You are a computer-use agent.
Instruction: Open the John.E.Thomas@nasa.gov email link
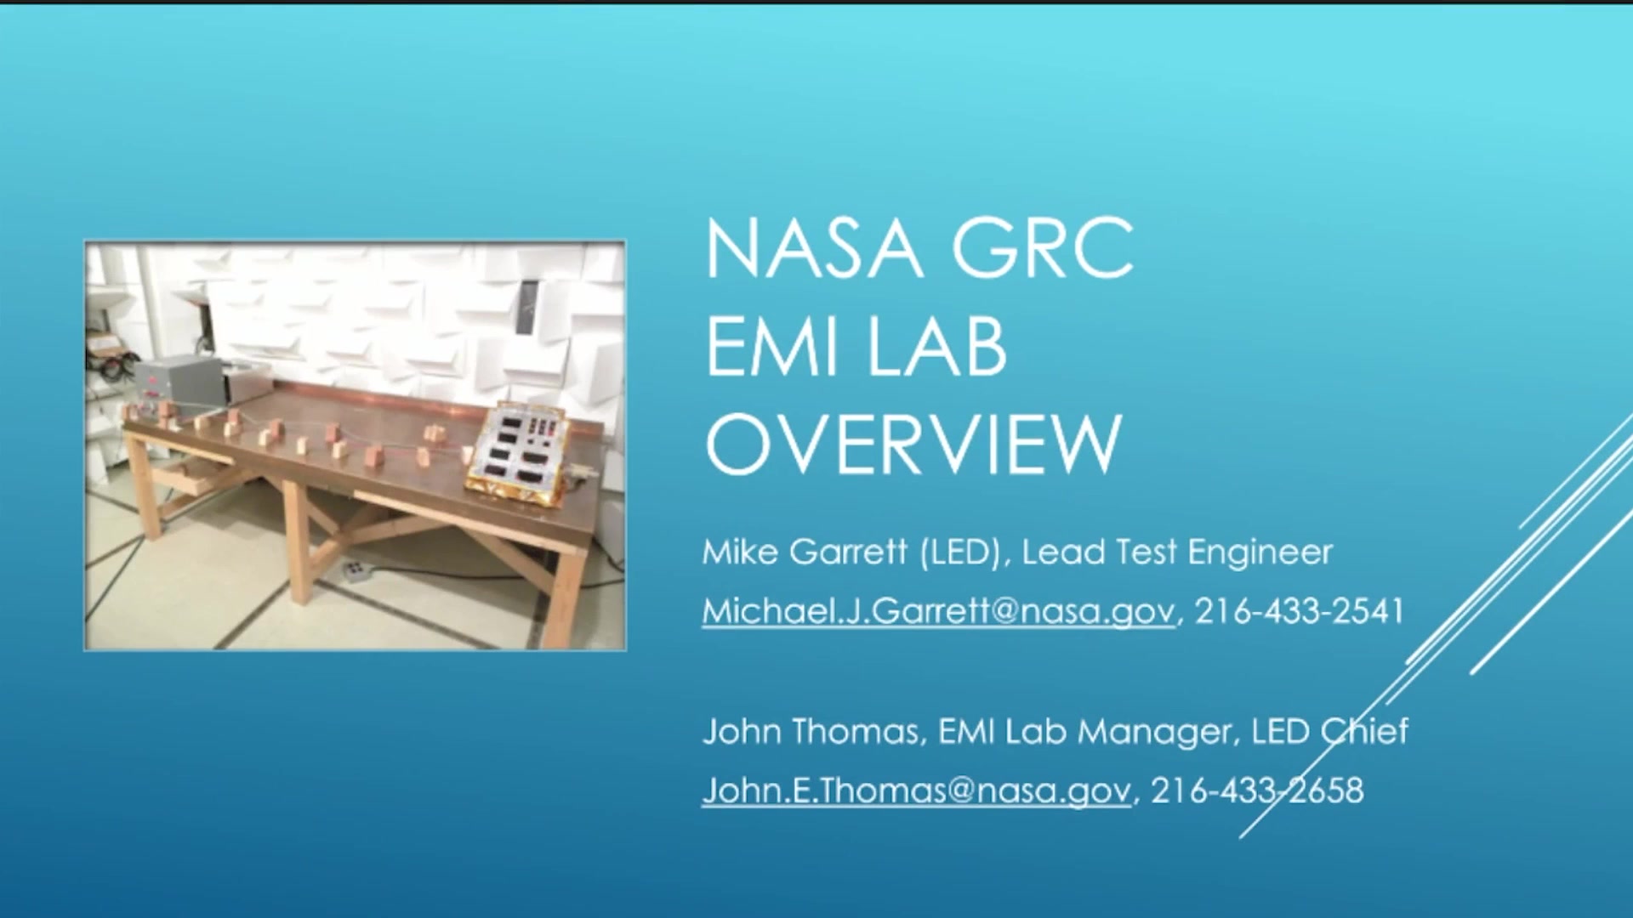917,790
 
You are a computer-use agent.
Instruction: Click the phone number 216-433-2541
1299,610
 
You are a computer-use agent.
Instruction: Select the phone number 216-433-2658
1257,790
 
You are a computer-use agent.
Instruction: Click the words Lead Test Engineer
1177,553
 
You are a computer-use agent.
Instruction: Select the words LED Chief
1329,731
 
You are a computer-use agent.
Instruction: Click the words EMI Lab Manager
1084,732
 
